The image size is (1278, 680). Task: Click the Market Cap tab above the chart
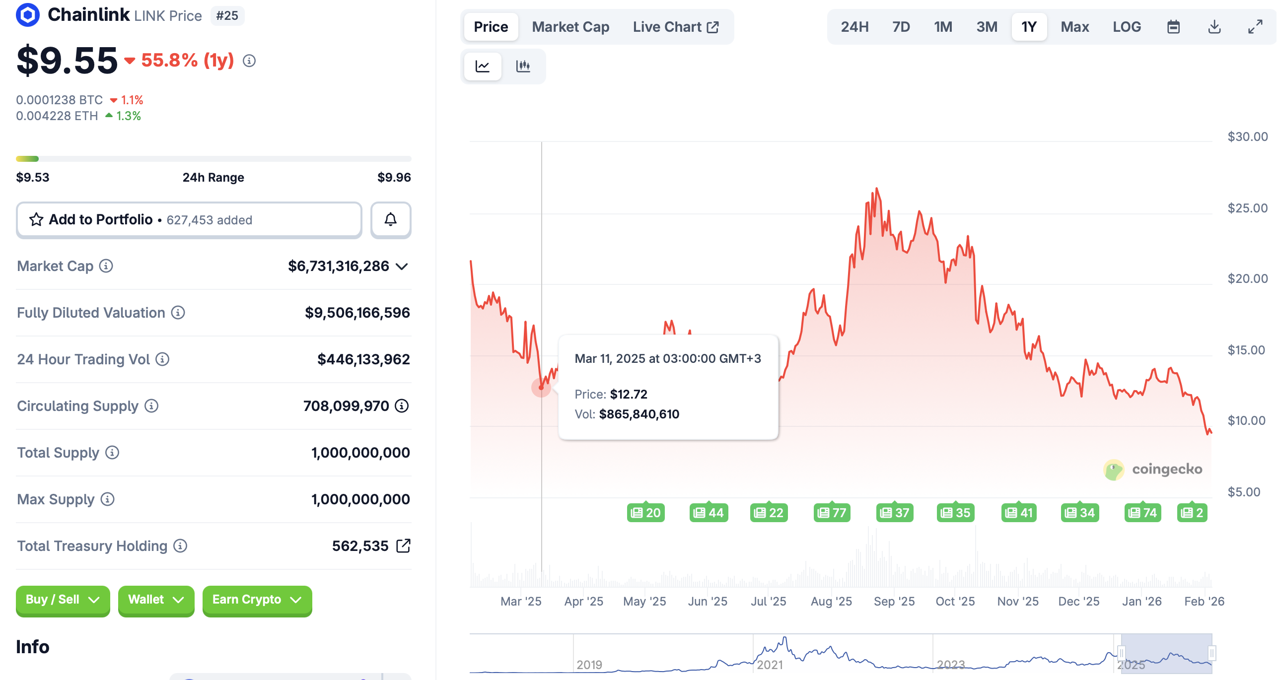click(x=570, y=27)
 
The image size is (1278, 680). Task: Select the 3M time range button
click(x=987, y=27)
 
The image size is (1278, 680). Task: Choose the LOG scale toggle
click(x=1127, y=27)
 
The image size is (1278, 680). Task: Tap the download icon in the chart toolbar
click(x=1214, y=27)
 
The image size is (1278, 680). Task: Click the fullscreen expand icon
click(x=1255, y=27)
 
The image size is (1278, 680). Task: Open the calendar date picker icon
click(x=1173, y=27)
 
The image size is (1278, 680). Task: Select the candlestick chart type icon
click(x=523, y=66)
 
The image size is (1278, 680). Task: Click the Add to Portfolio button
click(x=189, y=219)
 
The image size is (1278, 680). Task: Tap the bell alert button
click(x=391, y=219)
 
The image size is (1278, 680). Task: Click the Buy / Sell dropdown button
click(x=63, y=600)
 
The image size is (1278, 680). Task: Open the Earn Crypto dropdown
click(x=257, y=600)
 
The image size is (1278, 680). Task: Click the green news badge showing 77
click(x=832, y=513)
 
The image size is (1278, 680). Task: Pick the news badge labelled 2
click(x=1192, y=513)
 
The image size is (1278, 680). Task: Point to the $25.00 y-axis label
click(x=1247, y=208)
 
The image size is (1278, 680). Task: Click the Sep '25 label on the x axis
click(x=894, y=601)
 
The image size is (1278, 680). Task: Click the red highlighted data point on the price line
click(x=541, y=387)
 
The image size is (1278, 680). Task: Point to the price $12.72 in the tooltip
click(x=629, y=394)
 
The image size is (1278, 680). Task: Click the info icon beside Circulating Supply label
click(x=151, y=406)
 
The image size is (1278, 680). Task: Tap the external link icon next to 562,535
click(x=404, y=545)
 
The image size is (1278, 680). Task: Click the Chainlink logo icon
click(x=28, y=15)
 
